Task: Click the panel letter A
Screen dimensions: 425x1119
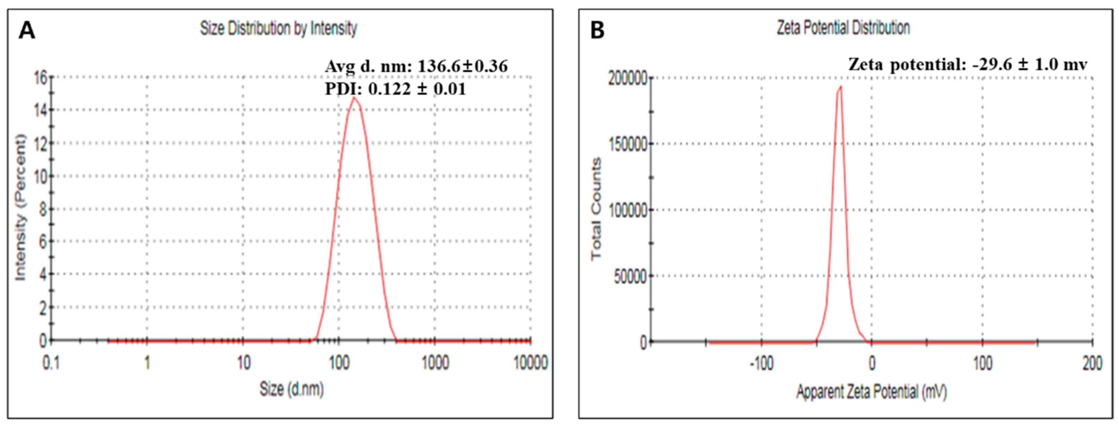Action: tap(27, 31)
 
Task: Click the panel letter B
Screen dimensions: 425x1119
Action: tap(597, 31)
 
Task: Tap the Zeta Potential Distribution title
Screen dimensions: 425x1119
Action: tap(843, 28)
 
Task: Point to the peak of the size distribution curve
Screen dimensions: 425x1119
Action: tap(354, 98)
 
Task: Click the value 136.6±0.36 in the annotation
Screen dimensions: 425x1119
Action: tap(462, 67)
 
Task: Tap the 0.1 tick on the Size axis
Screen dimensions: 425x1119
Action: tap(51, 363)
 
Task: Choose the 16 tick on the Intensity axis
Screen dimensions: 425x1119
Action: tap(41, 78)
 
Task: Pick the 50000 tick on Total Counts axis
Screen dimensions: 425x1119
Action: tap(631, 276)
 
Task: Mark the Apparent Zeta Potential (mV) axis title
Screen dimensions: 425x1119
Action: tap(871, 392)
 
